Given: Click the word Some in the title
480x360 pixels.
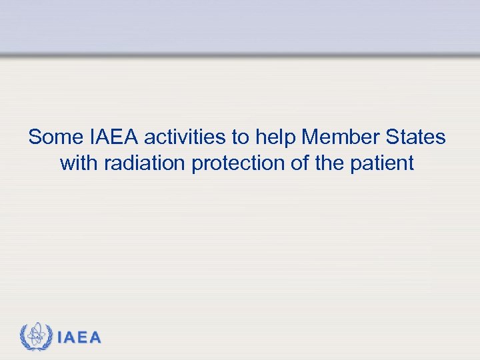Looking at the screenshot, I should pyautogui.click(x=56, y=137).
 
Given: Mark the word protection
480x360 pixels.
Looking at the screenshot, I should pyautogui.click(x=239, y=163).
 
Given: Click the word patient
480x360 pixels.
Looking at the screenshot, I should pyautogui.click(x=381, y=163).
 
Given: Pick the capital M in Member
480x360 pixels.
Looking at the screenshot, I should pyautogui.click(x=310, y=137).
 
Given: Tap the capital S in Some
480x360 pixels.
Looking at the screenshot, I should pyautogui.click(x=35, y=137).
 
